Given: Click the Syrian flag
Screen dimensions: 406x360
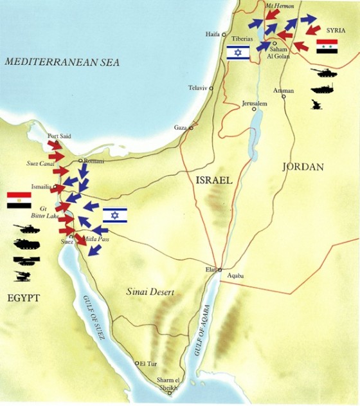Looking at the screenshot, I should click(327, 46).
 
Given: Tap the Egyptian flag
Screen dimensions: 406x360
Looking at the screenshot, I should click(19, 200).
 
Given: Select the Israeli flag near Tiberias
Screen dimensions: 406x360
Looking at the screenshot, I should click(238, 52).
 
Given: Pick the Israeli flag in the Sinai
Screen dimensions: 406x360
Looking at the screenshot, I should click(115, 215).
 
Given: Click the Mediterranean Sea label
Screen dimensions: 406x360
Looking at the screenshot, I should click(62, 62).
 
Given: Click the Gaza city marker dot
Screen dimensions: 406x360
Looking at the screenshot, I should click(190, 128).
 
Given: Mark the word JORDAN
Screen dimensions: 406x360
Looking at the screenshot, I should click(302, 167).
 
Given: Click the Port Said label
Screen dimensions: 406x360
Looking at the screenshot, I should click(59, 136).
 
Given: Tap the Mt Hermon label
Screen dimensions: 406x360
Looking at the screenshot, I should click(279, 6).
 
